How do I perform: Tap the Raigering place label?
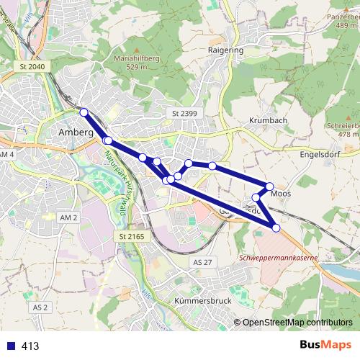[225, 52]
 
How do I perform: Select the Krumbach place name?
[267, 120]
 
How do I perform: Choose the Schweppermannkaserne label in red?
[277, 257]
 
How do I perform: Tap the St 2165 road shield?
[132, 237]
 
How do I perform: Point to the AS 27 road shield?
[204, 263]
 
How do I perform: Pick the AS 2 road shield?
[40, 307]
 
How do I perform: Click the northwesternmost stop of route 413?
[84, 112]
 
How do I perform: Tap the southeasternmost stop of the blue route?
[276, 228]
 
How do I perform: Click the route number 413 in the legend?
[30, 346]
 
